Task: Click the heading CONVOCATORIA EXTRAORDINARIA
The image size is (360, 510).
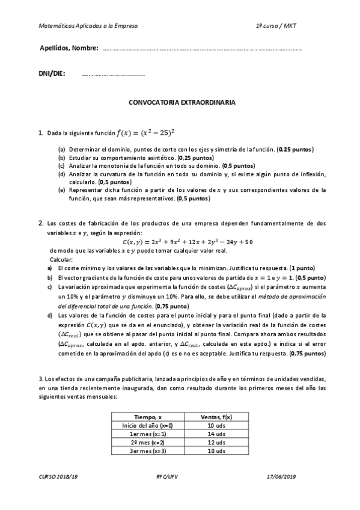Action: click(x=182, y=103)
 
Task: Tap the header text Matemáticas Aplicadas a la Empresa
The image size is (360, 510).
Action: click(x=88, y=26)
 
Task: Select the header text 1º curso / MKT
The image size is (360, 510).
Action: click(x=276, y=26)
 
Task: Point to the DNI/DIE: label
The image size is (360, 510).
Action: click(x=52, y=74)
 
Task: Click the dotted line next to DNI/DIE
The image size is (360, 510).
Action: click(x=113, y=75)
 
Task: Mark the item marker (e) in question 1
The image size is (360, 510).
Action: click(x=61, y=189)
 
